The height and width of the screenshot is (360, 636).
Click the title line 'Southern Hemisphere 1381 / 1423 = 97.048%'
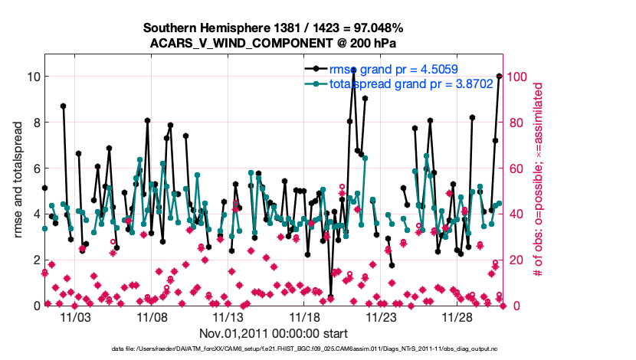pyautogui.click(x=274, y=28)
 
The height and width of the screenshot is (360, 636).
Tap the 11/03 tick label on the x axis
pyautogui.click(x=75, y=316)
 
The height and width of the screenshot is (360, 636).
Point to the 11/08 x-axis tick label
pyautogui.click(x=152, y=316)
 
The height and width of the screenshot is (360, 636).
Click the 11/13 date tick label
pyautogui.click(x=228, y=316)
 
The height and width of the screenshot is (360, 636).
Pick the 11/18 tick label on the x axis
pyautogui.click(x=305, y=316)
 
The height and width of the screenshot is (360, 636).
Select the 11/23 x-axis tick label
pyautogui.click(x=382, y=316)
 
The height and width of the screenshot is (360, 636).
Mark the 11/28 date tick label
pyautogui.click(x=458, y=316)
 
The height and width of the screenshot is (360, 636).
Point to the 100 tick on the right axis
pyautogui.click(x=520, y=77)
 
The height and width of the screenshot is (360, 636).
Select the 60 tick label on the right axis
pyautogui.click(x=517, y=169)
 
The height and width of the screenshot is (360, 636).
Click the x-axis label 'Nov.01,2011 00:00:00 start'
pyautogui.click(x=274, y=332)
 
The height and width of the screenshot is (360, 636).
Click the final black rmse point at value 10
pyautogui.click(x=499, y=77)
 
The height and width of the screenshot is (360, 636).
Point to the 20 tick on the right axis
pyautogui.click(x=517, y=260)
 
